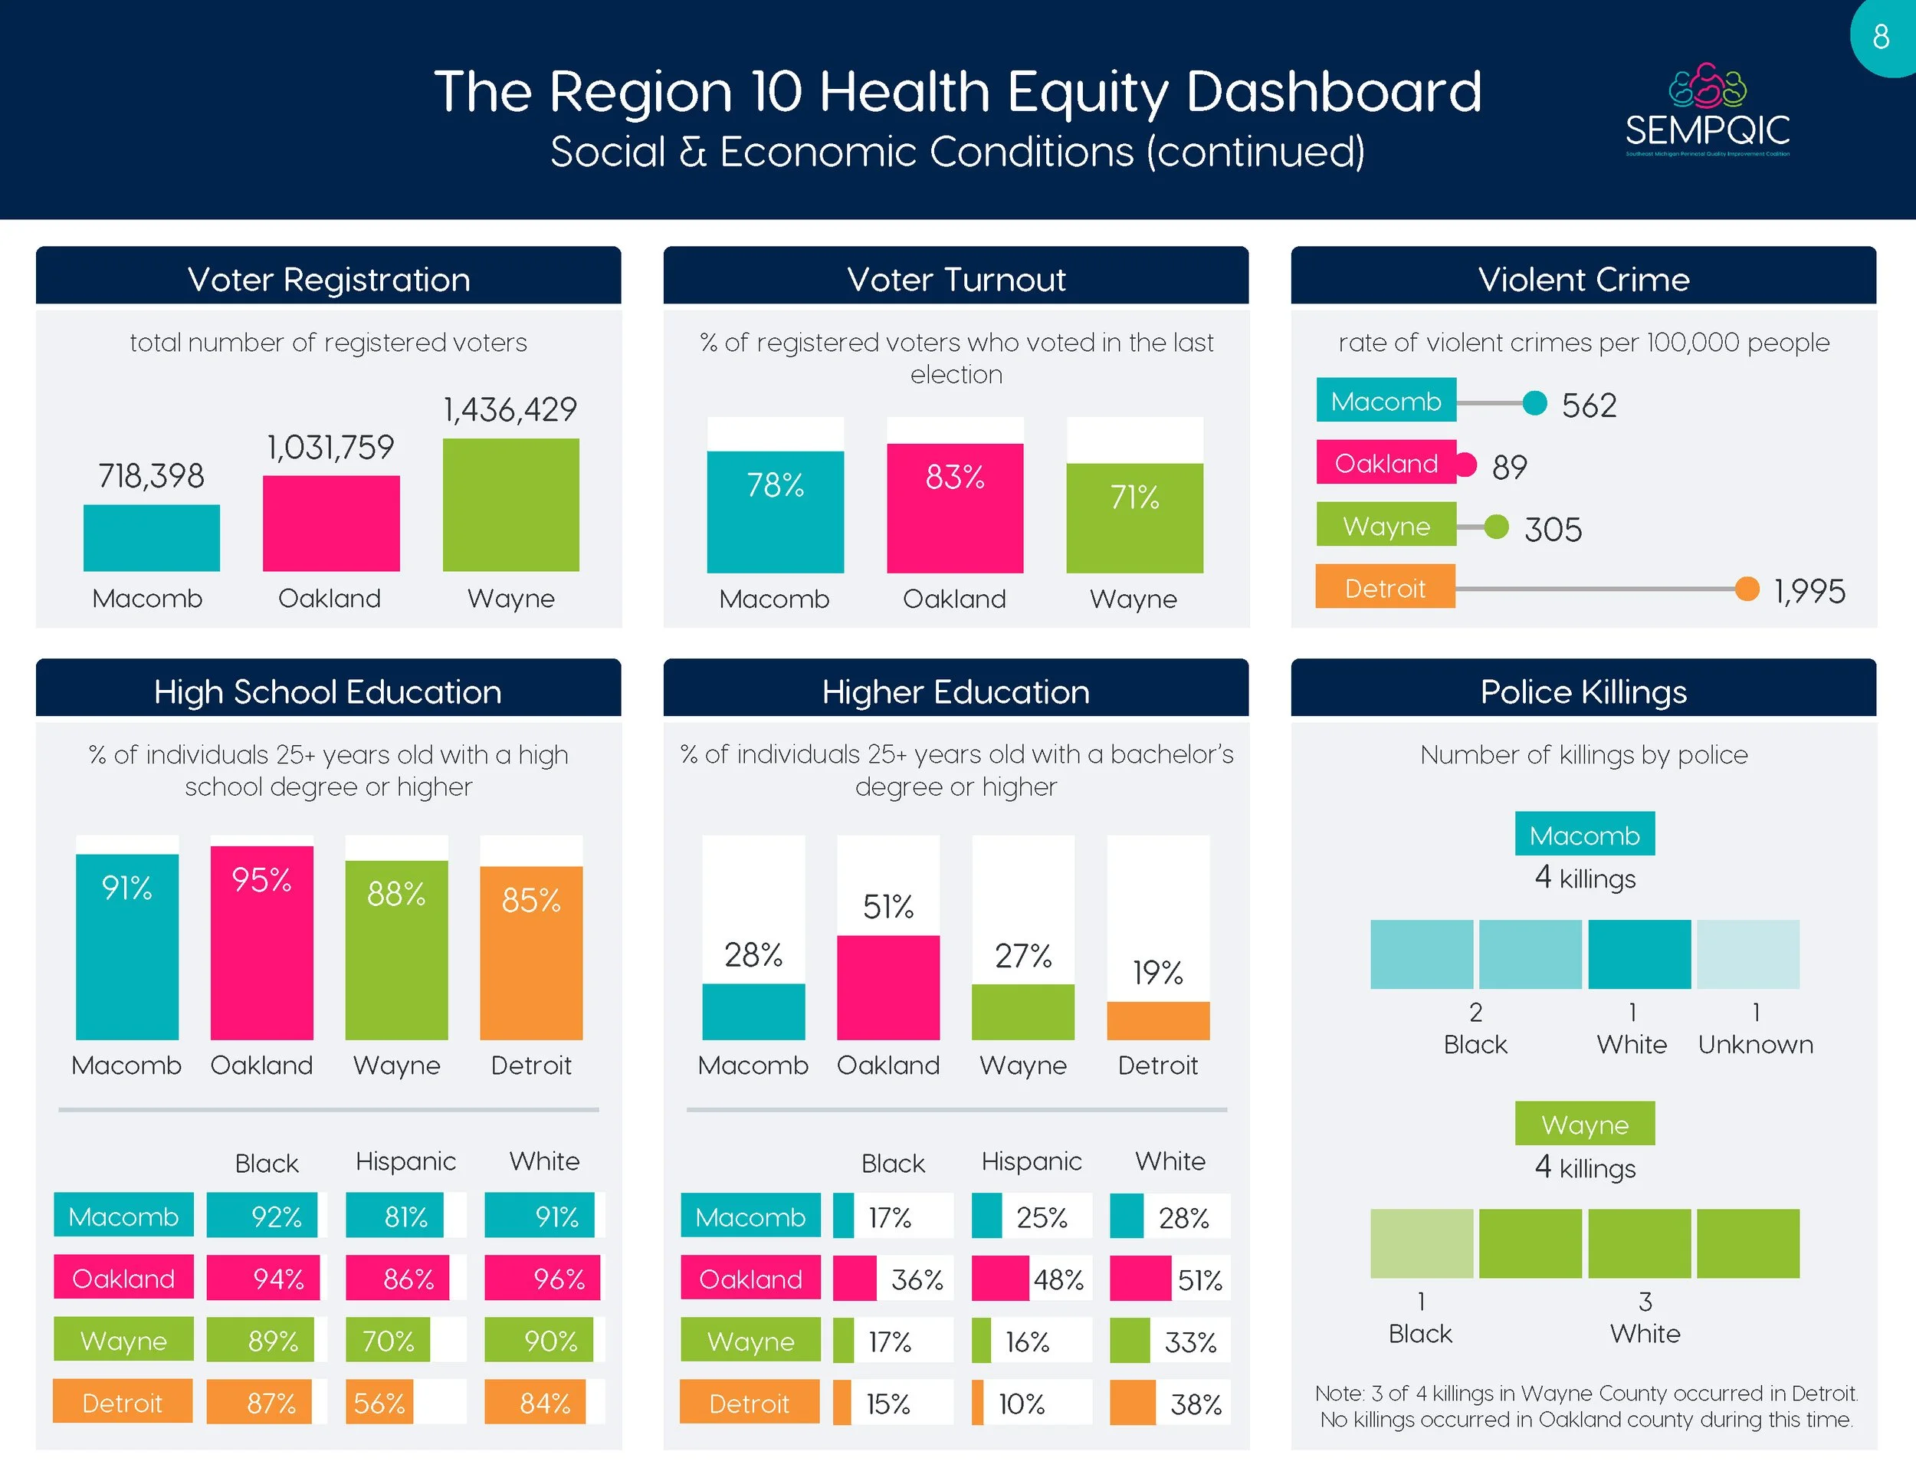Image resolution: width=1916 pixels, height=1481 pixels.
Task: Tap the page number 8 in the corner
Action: click(x=1880, y=37)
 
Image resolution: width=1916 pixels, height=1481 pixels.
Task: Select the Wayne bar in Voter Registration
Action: click(x=510, y=504)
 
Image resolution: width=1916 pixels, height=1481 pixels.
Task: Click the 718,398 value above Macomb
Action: click(x=151, y=476)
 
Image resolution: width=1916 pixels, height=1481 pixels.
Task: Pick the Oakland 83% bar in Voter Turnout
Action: click(x=954, y=508)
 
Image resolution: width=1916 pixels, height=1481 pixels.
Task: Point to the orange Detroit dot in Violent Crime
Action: click(x=1747, y=589)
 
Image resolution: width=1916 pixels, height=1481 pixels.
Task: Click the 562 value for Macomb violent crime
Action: click(x=1589, y=406)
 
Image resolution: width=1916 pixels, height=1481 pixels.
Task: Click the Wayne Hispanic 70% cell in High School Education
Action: click(x=389, y=1340)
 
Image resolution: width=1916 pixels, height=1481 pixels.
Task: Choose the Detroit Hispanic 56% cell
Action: click(x=380, y=1402)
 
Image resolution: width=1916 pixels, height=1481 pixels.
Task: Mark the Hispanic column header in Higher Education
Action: click(x=1031, y=1161)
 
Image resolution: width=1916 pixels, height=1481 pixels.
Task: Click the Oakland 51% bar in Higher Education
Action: click(x=887, y=987)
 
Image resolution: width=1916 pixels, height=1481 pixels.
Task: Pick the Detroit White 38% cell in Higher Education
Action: click(x=1170, y=1403)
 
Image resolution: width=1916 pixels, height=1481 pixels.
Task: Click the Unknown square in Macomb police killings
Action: click(x=1747, y=954)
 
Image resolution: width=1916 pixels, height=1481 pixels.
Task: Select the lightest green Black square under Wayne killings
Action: click(x=1421, y=1243)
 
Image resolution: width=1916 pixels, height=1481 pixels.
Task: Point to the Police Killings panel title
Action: click(x=1583, y=691)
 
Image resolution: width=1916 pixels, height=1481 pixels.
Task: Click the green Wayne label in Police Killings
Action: click(x=1584, y=1124)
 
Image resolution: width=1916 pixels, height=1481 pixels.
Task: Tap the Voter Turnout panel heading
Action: click(x=956, y=279)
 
